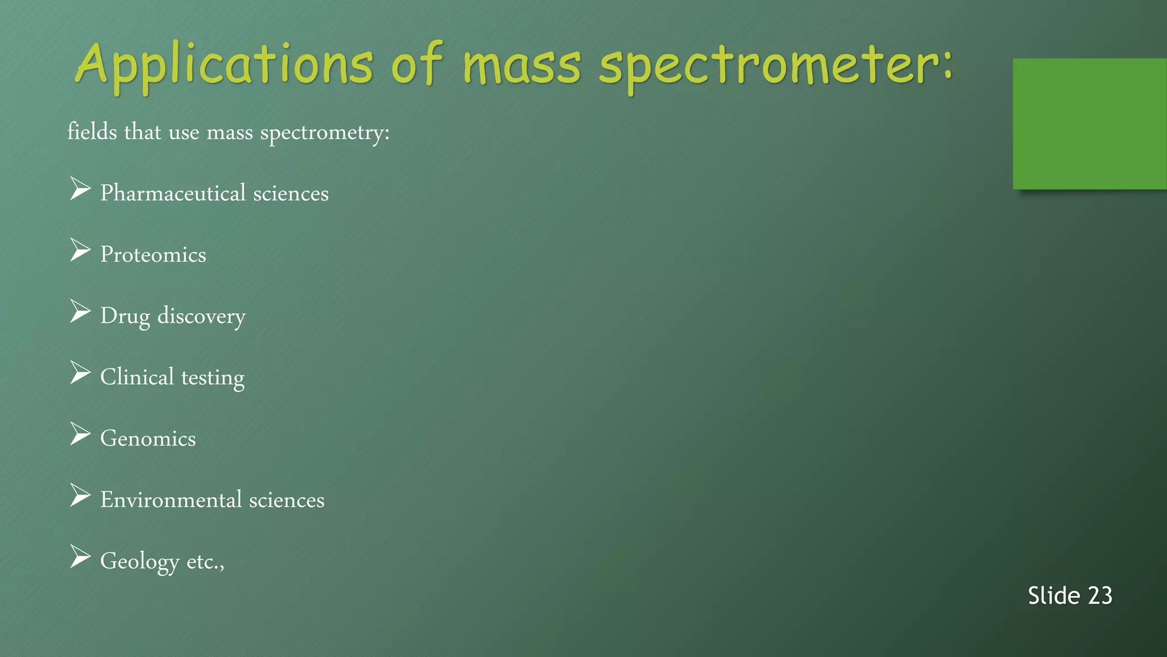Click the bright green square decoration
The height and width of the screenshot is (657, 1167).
pyautogui.click(x=1089, y=124)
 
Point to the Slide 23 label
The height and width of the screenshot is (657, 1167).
pyautogui.click(x=1070, y=596)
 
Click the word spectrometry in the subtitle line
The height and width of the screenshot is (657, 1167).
pyautogui.click(x=325, y=133)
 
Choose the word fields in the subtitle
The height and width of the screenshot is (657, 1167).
pyautogui.click(x=92, y=132)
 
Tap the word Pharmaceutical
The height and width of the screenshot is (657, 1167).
pyautogui.click(x=173, y=193)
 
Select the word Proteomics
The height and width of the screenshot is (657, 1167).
pyautogui.click(x=153, y=255)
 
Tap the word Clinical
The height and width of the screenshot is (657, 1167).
pyautogui.click(x=137, y=377)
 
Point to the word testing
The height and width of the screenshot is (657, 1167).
pyautogui.click(x=213, y=378)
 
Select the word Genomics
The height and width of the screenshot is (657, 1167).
pyautogui.click(x=148, y=439)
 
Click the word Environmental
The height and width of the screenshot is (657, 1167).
pyautogui.click(x=171, y=500)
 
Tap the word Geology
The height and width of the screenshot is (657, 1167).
pyautogui.click(x=140, y=562)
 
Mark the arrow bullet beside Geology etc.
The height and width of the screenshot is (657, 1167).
pyautogui.click(x=80, y=557)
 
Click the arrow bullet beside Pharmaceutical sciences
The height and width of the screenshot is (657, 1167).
pyautogui.click(x=80, y=189)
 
